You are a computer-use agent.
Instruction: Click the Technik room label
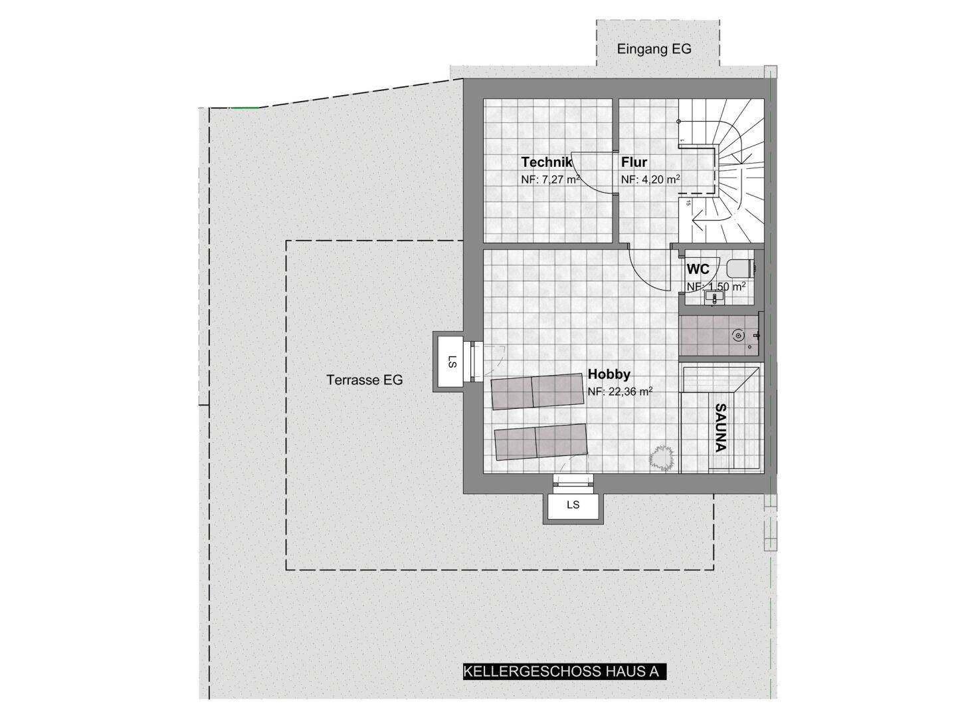(546, 162)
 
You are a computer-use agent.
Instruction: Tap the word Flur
(634, 162)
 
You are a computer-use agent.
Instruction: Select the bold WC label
(698, 269)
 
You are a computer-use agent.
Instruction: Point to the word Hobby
(609, 374)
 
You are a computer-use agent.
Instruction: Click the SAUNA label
(720, 427)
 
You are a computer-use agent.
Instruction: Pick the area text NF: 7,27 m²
(550, 179)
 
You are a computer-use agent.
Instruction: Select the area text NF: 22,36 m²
(620, 392)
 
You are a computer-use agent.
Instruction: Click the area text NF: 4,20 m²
(650, 179)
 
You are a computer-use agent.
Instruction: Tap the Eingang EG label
(654, 49)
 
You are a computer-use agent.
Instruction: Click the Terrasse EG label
(364, 380)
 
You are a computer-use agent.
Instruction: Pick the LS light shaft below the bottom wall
(573, 505)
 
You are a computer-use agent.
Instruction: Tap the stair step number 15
(688, 203)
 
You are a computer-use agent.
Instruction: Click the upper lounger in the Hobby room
(537, 391)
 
